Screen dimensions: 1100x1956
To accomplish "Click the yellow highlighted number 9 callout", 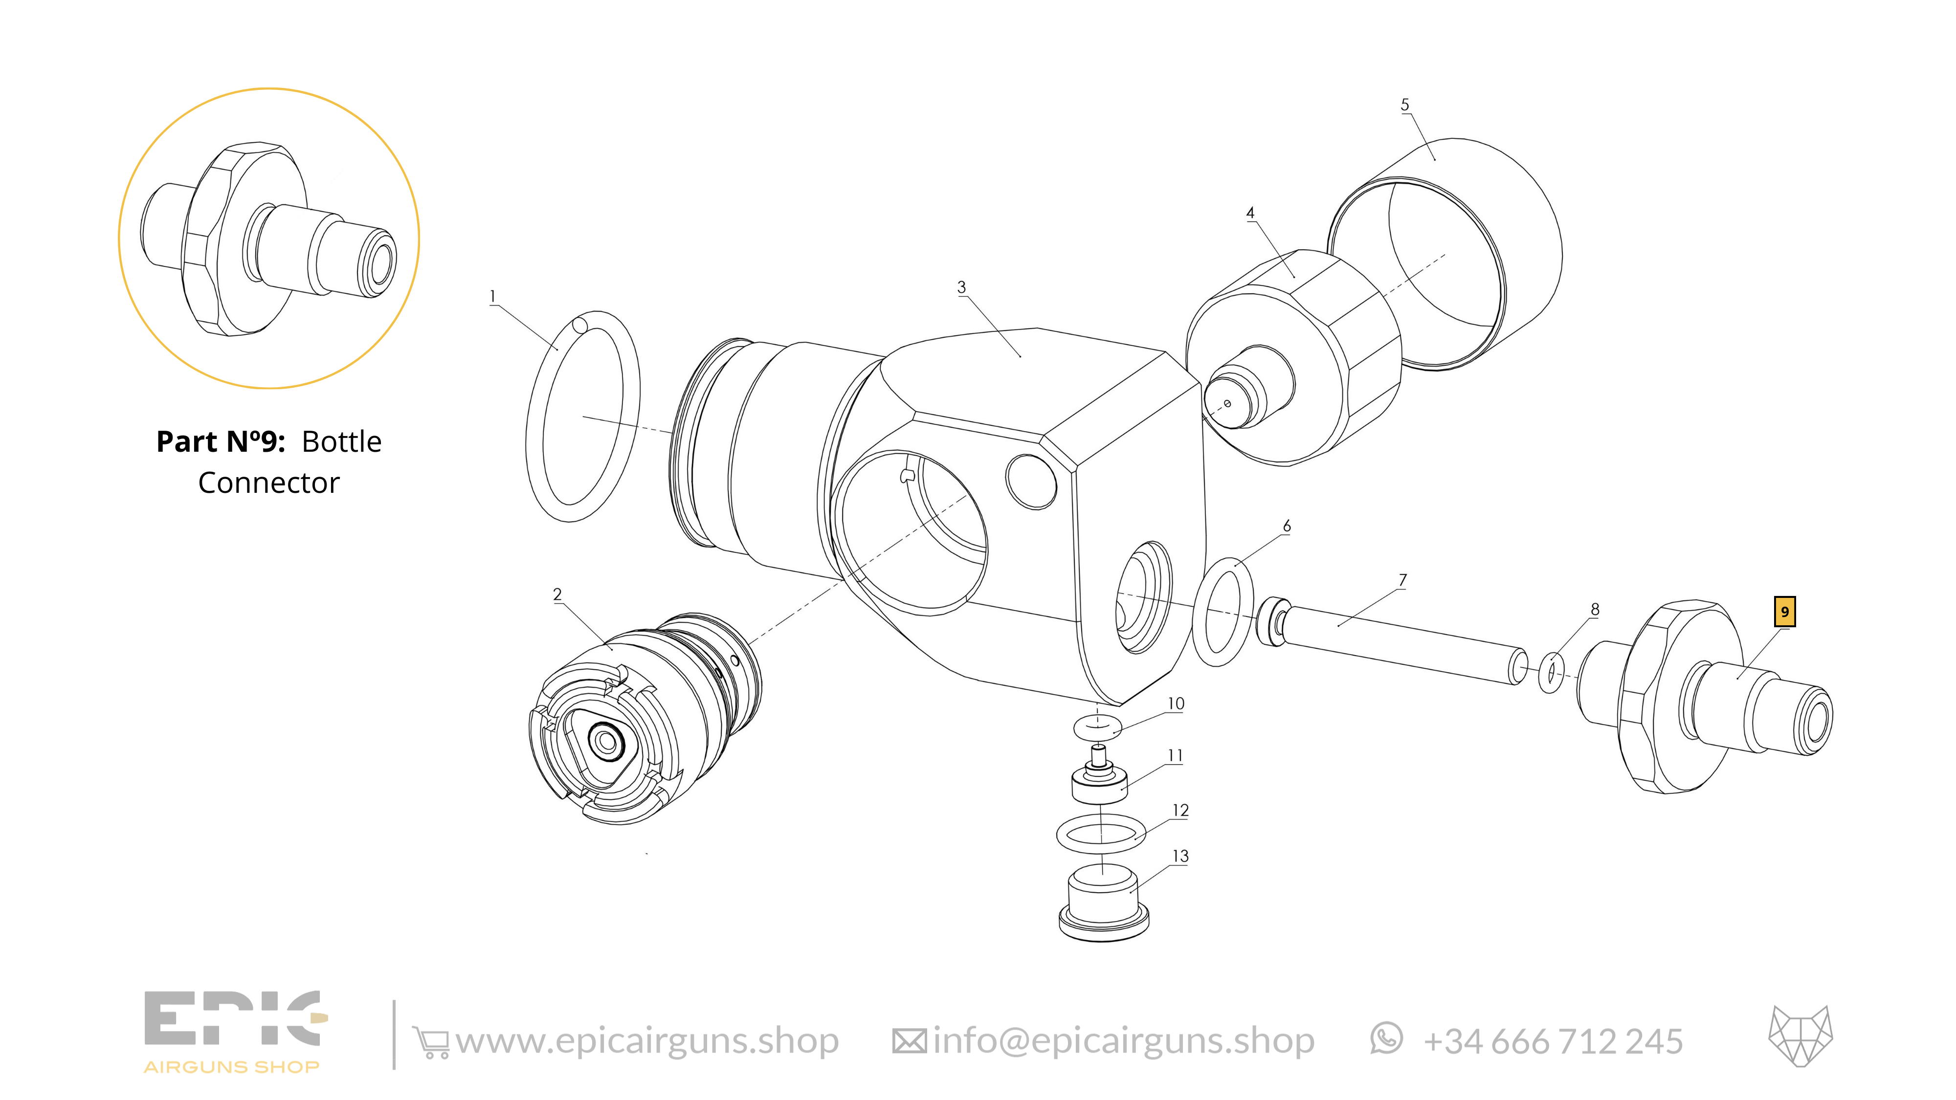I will tap(1784, 612).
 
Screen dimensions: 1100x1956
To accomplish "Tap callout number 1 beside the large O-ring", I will tap(493, 296).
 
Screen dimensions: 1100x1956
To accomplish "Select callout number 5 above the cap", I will tap(1405, 105).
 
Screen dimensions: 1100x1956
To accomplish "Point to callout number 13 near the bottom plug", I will tap(1180, 857).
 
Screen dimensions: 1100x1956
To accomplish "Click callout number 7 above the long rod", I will tap(1402, 580).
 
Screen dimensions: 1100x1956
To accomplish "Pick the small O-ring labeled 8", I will tap(1551, 673).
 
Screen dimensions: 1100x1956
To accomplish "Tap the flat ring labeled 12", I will tap(1102, 835).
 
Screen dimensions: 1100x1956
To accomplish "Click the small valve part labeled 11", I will tap(1099, 782).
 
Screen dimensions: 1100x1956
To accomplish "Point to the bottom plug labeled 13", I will tap(1103, 907).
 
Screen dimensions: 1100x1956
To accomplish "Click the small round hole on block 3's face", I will tap(1030, 481).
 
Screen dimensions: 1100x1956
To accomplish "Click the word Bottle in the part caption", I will tap(342, 442).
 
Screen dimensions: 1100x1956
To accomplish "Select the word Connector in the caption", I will tap(269, 483).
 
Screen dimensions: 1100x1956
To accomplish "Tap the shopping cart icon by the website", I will tap(430, 1041).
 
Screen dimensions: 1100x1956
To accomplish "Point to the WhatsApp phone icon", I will tap(1386, 1038).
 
